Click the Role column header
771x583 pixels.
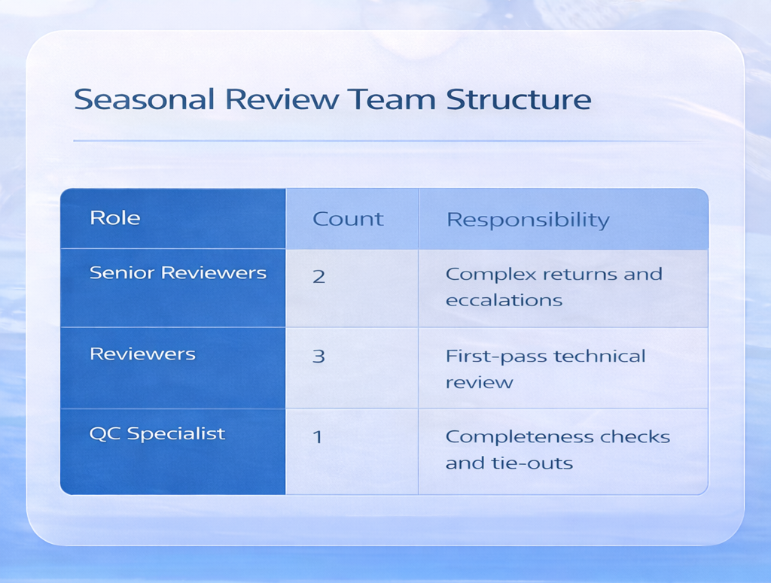coord(115,218)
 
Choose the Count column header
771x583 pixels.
coord(348,219)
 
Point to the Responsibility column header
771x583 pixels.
coord(528,220)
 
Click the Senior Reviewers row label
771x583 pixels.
coord(178,272)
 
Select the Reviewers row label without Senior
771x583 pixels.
coord(142,354)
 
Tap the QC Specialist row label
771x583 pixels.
coord(157,434)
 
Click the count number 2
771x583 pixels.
coord(318,276)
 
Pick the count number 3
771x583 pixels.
coord(318,356)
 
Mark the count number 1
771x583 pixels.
coord(318,436)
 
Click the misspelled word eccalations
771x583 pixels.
coord(504,300)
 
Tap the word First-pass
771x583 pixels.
coord(489,356)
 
